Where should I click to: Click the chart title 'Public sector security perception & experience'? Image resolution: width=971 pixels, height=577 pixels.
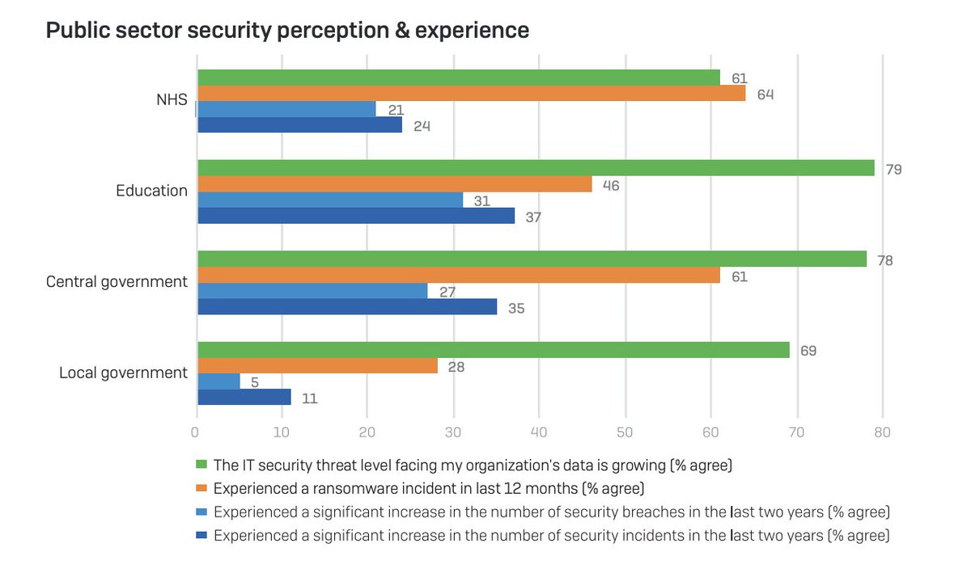(x=287, y=31)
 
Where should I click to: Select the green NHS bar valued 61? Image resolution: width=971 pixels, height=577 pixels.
(x=458, y=78)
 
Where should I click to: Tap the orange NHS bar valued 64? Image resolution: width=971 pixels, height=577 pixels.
(x=471, y=94)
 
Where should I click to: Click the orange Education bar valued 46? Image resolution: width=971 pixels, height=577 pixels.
(x=394, y=184)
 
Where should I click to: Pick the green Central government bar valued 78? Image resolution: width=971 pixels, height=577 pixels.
(x=531, y=259)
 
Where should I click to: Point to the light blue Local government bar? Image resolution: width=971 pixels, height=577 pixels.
(x=218, y=381)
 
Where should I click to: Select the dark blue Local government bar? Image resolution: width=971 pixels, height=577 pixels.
(x=244, y=397)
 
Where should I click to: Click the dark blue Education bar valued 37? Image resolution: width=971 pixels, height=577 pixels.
(x=355, y=216)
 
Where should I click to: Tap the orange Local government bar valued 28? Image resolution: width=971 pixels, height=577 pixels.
(x=317, y=366)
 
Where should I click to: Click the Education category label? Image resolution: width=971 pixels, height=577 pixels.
(x=151, y=192)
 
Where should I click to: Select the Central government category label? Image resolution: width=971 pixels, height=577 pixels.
(x=117, y=282)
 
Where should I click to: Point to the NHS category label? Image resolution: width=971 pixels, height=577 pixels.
(x=172, y=101)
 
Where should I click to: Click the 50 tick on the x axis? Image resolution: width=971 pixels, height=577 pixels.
(x=625, y=432)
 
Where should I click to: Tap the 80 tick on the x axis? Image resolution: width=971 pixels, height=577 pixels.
(x=882, y=432)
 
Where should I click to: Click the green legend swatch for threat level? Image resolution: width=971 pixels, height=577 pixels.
(x=202, y=465)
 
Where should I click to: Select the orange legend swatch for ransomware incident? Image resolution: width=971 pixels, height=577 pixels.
(x=202, y=488)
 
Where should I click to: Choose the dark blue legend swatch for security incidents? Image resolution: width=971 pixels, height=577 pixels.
(x=202, y=535)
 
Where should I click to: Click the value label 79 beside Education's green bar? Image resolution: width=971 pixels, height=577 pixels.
(x=893, y=170)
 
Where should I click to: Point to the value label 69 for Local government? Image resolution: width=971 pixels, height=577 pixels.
(x=808, y=352)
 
